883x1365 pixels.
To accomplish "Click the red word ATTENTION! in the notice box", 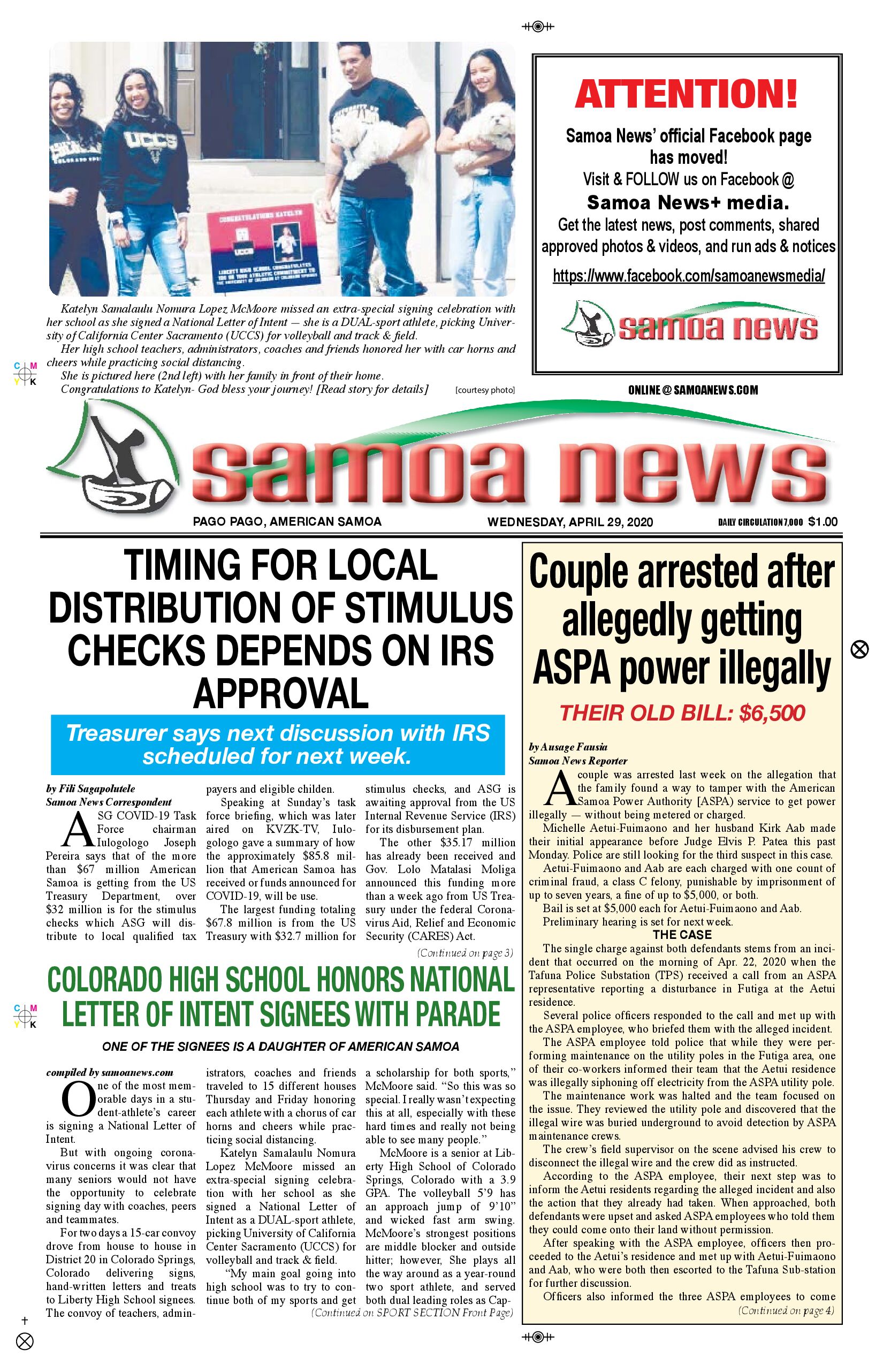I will click(686, 94).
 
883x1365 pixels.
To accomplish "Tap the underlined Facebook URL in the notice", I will click(688, 276).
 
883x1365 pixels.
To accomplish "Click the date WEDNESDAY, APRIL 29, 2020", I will click(570, 522).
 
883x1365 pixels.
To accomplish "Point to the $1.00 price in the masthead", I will click(823, 522).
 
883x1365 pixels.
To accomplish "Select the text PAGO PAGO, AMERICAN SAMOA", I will click(287, 522).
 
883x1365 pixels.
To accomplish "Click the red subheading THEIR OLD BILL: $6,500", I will click(682, 713).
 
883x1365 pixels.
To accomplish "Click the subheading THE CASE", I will click(682, 935).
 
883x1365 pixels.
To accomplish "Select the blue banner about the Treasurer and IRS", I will click(278, 745).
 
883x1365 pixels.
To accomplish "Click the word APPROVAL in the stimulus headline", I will click(280, 693).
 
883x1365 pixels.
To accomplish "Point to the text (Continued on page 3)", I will click(465, 953).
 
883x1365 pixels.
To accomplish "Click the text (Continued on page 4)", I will click(786, 1310).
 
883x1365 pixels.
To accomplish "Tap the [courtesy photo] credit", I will click(484, 390).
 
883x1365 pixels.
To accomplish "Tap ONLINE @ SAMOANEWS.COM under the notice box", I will click(692, 390).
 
